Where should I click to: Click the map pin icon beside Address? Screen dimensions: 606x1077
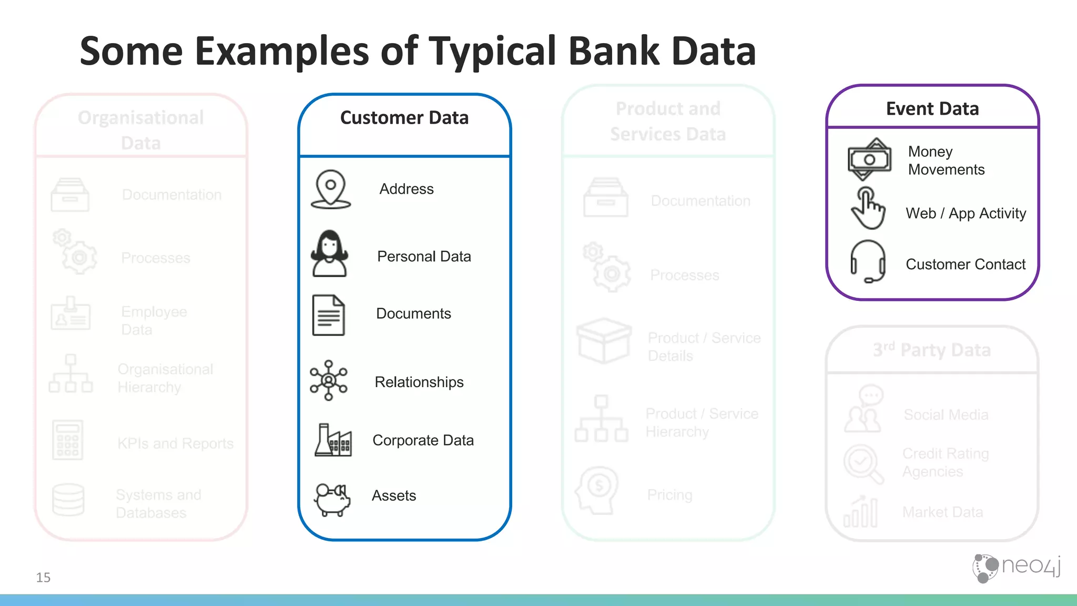[x=330, y=189]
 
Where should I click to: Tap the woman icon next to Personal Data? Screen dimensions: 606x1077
[x=329, y=254]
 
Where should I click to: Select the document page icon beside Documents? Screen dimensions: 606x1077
[x=328, y=315]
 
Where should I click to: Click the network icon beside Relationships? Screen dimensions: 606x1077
[x=329, y=380]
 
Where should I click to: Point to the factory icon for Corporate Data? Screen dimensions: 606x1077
[x=333, y=440]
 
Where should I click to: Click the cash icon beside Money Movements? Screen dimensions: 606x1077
[x=869, y=159]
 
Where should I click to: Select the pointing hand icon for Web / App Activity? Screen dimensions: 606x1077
[x=868, y=208]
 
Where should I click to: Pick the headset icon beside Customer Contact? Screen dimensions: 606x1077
[x=868, y=261]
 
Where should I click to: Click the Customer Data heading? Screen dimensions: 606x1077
[x=404, y=118]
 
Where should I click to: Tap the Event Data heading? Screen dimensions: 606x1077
[x=932, y=109]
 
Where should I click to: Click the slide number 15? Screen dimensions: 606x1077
[x=43, y=578]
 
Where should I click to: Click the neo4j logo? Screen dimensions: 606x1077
[x=1016, y=568]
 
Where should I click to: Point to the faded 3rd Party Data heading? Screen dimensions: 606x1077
[x=932, y=350]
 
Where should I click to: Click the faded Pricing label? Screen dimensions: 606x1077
[x=669, y=495]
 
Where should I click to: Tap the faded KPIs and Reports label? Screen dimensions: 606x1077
[x=175, y=443]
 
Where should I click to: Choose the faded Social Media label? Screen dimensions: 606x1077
[x=946, y=415]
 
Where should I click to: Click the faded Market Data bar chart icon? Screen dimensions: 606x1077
[x=860, y=512]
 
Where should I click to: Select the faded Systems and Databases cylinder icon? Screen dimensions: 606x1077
[x=68, y=500]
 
